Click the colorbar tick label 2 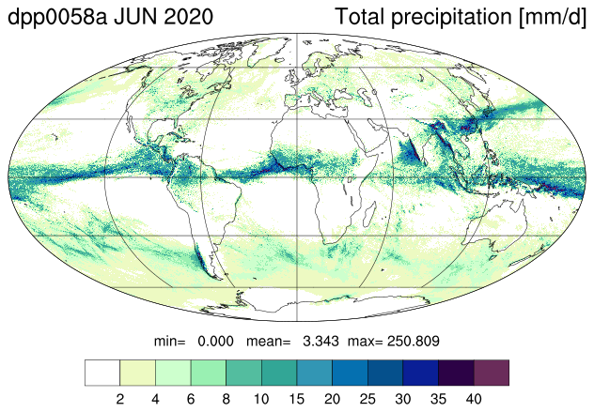click(x=120, y=399)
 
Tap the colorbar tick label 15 click(x=297, y=399)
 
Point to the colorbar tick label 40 click(x=474, y=399)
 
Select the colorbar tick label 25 click(x=367, y=399)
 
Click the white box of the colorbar click(x=102, y=373)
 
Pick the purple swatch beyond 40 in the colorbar click(x=492, y=373)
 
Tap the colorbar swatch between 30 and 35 click(x=420, y=373)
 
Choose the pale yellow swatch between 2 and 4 click(x=137, y=373)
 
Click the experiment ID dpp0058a click(x=57, y=18)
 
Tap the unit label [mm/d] click(x=553, y=18)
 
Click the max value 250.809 click(x=414, y=342)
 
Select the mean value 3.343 click(x=320, y=342)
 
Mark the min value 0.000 click(x=215, y=342)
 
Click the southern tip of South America click(x=221, y=280)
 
